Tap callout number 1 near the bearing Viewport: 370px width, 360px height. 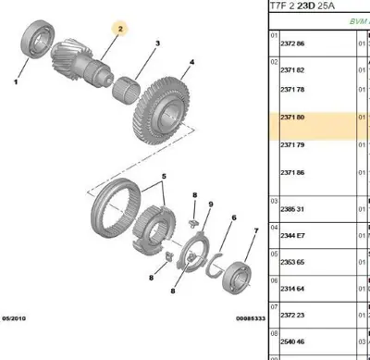17,81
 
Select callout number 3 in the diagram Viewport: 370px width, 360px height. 158,44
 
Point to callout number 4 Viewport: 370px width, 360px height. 191,63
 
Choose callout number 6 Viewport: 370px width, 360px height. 233,218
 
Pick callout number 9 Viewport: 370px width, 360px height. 211,204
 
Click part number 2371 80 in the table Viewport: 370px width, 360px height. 292,118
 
